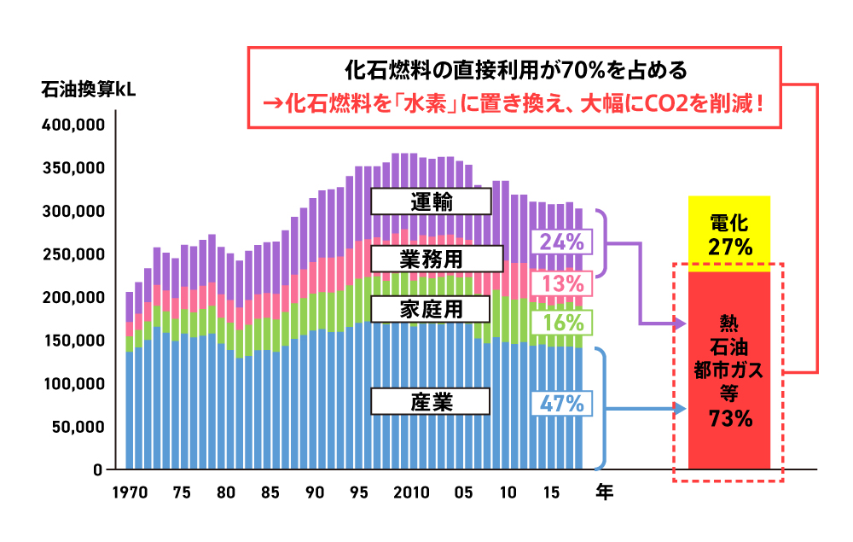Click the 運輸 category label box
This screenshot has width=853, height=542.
click(431, 201)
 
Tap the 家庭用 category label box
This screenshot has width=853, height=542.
click(431, 308)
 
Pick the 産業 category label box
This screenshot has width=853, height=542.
click(431, 401)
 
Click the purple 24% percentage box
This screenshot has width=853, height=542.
click(561, 242)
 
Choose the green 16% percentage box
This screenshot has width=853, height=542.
click(561, 323)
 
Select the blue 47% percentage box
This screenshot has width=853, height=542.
click(561, 404)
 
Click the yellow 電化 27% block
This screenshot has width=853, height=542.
click(729, 235)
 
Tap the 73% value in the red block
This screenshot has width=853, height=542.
click(729, 418)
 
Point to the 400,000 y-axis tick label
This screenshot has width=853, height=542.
click(73, 125)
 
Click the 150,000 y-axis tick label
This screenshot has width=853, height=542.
click(73, 341)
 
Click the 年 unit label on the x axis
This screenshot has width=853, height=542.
click(604, 492)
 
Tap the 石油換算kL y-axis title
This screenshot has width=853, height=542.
click(89, 90)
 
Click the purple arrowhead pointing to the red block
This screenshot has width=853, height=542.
click(680, 324)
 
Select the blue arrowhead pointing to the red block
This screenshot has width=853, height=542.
click(680, 408)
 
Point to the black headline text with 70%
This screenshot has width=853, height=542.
click(514, 67)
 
